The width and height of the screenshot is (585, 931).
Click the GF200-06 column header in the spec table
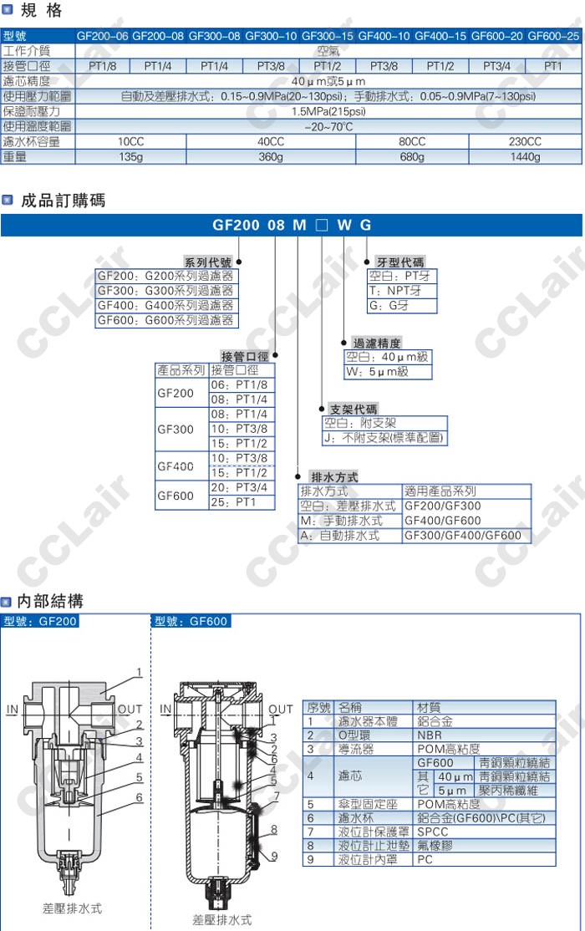[103, 36]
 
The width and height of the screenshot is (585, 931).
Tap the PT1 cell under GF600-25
[552, 66]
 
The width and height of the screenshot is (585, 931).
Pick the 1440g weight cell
[525, 156]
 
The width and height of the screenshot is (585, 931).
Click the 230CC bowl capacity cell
[525, 141]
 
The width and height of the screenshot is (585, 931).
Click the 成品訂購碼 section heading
[63, 201]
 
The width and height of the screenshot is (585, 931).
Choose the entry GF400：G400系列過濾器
[165, 305]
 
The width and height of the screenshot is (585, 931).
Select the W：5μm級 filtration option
[389, 371]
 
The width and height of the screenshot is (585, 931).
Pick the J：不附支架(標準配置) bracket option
[384, 438]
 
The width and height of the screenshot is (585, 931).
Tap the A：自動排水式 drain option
[339, 536]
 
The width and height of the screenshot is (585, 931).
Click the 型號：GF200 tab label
[39, 621]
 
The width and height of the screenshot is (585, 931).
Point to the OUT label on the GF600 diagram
[281, 709]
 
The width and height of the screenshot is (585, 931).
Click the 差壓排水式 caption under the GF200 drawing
[72, 908]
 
